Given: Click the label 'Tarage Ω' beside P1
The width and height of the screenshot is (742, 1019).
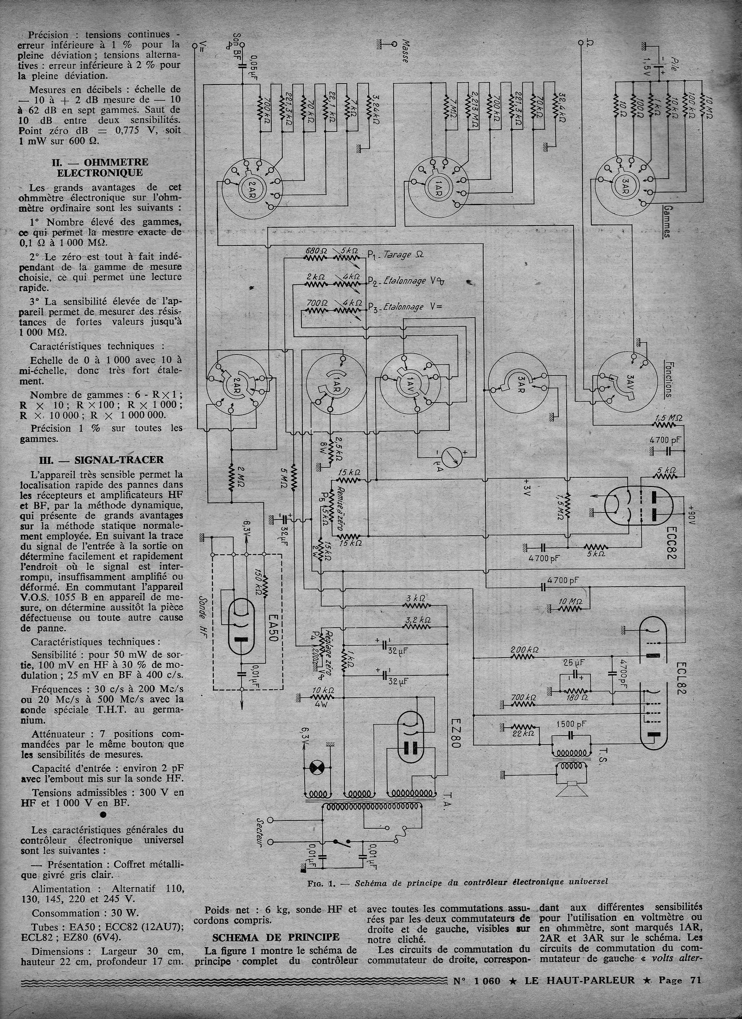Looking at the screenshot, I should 404,255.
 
